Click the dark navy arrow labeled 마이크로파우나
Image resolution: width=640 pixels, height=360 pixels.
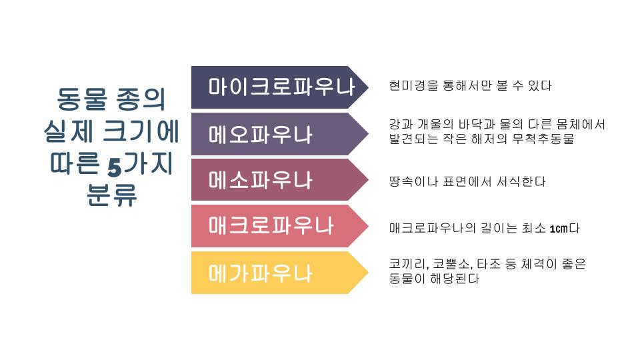click(x=279, y=87)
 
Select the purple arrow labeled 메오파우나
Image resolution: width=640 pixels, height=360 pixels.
click(x=279, y=134)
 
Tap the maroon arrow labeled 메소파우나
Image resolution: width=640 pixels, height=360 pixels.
click(x=279, y=180)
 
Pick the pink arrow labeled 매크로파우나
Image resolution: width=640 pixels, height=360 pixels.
click(x=279, y=226)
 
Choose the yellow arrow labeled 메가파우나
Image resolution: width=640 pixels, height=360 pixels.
click(x=279, y=273)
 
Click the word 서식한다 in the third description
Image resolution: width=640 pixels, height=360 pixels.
click(x=521, y=181)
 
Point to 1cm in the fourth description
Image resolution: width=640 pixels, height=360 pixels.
click(x=559, y=229)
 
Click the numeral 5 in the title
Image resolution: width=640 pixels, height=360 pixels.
click(x=115, y=167)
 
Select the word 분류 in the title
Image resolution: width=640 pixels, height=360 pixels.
click(x=111, y=195)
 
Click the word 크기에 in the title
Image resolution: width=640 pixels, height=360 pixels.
click(x=141, y=131)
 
